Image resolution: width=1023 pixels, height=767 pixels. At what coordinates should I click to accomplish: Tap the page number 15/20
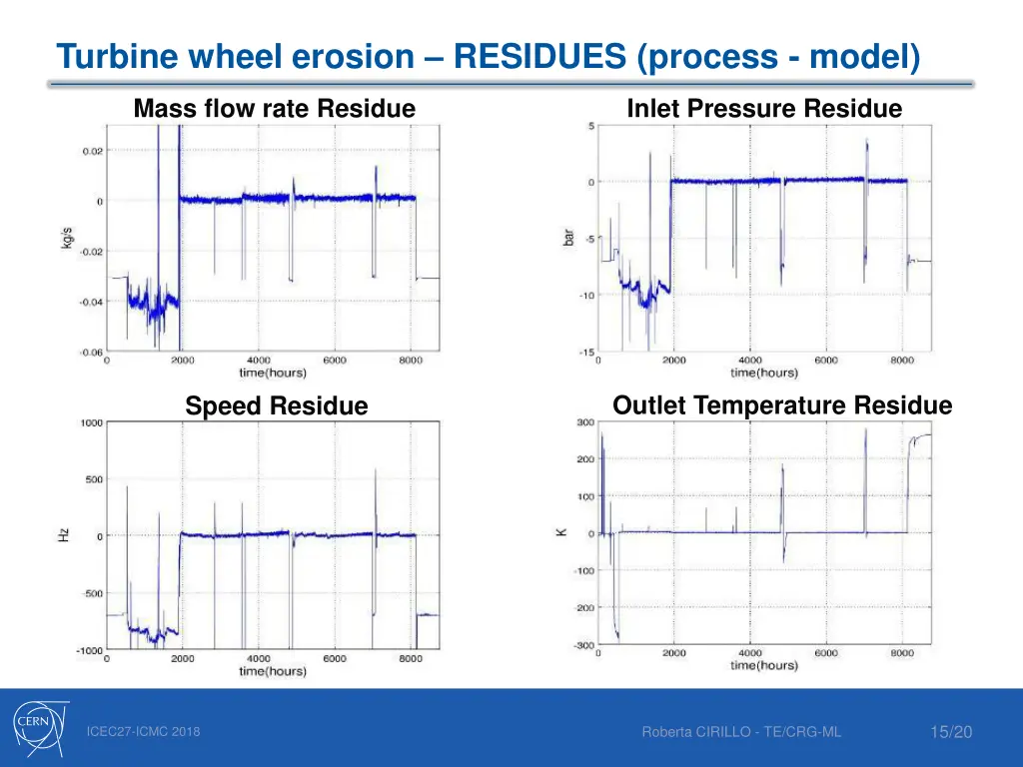pyautogui.click(x=950, y=733)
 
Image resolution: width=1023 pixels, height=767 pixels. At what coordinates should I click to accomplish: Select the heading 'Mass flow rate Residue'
pyautogui.click(x=275, y=109)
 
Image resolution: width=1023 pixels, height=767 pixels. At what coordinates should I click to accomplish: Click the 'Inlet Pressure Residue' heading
pyautogui.click(x=764, y=109)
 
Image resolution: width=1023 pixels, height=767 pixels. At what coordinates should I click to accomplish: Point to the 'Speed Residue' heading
pyautogui.click(x=277, y=406)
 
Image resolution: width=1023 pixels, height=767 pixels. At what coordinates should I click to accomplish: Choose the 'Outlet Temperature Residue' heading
pyautogui.click(x=782, y=405)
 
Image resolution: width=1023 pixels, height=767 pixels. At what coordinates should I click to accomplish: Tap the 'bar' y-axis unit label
pyautogui.click(x=568, y=237)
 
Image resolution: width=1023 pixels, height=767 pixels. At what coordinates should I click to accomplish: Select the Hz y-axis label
pyautogui.click(x=64, y=535)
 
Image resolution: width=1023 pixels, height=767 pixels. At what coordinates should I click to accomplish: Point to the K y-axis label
pyautogui.click(x=562, y=532)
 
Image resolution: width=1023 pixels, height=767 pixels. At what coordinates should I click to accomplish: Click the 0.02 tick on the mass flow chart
pyautogui.click(x=92, y=152)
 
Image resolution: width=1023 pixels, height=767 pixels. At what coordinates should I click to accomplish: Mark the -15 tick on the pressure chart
pyautogui.click(x=586, y=352)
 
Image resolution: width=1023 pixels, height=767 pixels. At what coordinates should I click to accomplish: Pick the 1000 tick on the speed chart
pyautogui.click(x=91, y=422)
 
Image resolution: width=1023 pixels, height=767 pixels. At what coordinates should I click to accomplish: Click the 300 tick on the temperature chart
pyautogui.click(x=584, y=422)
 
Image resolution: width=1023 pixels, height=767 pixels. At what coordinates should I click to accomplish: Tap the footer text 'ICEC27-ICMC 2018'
pyautogui.click(x=143, y=732)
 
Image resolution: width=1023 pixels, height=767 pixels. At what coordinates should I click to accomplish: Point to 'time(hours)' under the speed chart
pyautogui.click(x=273, y=671)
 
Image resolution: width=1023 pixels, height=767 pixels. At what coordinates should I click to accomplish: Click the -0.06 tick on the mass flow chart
pyautogui.click(x=91, y=352)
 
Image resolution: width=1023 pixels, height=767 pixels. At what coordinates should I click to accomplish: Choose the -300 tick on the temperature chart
pyautogui.click(x=583, y=645)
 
